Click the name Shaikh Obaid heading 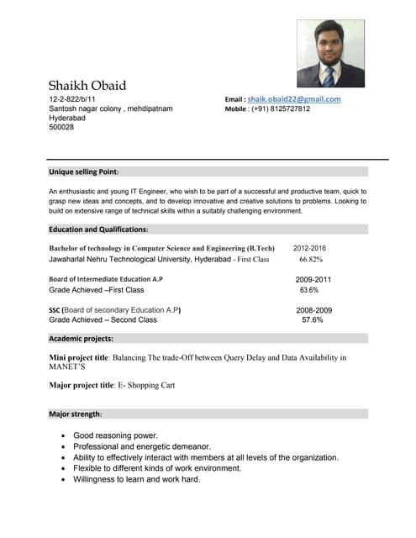pos(87,85)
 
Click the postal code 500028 pos(61,128)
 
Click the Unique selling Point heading pos(83,171)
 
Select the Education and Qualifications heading pos(98,229)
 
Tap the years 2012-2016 pos(309,249)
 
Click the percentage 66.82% pos(311,260)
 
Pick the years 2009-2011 pos(313,279)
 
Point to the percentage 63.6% pos(309,290)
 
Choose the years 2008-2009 pos(313,310)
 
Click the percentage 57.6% pos(312,320)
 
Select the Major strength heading pos(76,414)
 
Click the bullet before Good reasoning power pos(65,436)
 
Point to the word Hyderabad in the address pos(67,119)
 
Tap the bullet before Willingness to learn pos(65,479)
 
